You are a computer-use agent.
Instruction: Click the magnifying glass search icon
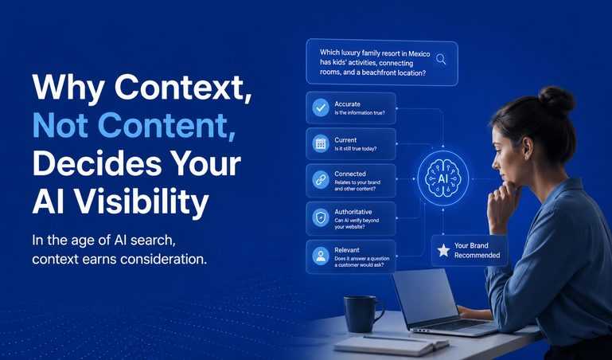[441, 60]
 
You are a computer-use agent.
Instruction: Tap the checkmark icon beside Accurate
[321, 108]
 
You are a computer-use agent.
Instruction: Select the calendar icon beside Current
[321, 143]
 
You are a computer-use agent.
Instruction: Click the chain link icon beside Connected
[321, 180]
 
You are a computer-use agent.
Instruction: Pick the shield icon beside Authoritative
[321, 218]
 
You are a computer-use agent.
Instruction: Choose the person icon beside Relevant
[321, 256]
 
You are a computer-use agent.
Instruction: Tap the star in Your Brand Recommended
[443, 250]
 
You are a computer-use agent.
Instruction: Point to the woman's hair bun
[556, 100]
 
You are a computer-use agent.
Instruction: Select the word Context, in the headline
[183, 88]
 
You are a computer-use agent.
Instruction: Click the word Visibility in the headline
[142, 202]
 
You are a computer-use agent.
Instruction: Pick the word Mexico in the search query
[419, 54]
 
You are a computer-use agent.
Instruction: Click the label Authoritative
[353, 212]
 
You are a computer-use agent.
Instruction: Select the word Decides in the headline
[97, 163]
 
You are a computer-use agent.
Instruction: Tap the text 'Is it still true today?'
[356, 149]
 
